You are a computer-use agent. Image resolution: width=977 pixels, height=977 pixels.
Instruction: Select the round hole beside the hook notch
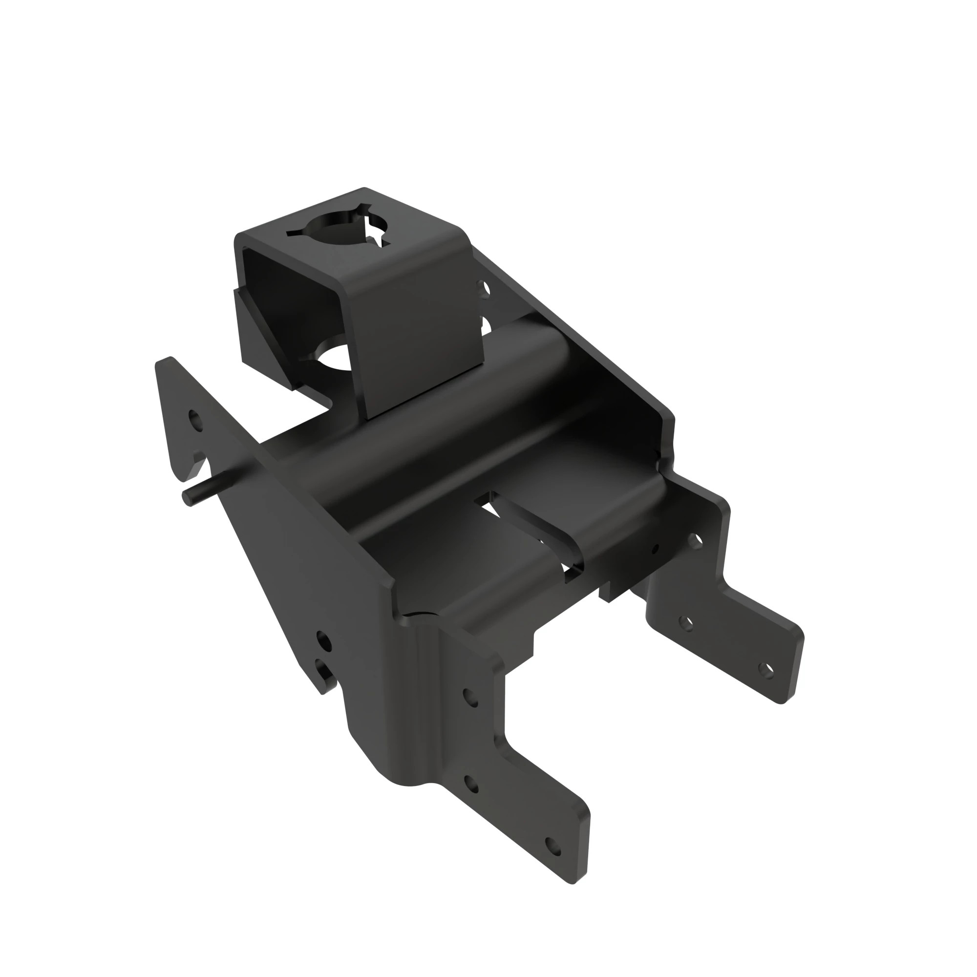(195, 419)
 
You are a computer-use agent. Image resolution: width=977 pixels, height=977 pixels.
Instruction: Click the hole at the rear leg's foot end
(766, 671)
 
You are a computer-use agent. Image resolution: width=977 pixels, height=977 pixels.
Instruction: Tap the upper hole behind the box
(486, 289)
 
